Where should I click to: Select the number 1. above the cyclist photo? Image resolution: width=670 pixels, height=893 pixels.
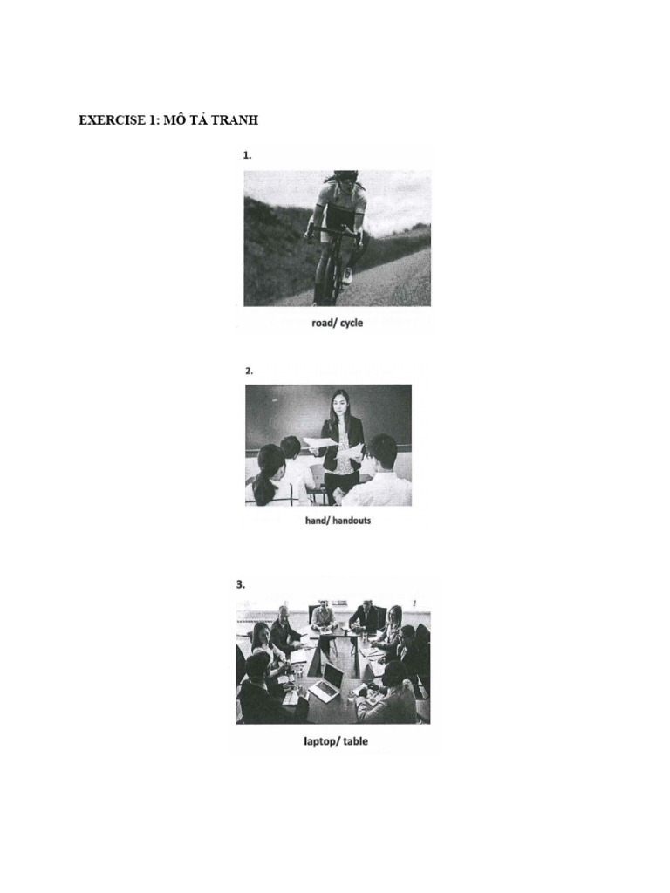pyautogui.click(x=247, y=155)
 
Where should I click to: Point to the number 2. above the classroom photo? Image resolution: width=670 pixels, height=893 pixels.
pyautogui.click(x=249, y=371)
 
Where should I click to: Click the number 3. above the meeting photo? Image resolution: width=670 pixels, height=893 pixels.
pyautogui.click(x=242, y=585)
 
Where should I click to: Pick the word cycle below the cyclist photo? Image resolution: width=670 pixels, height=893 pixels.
pyautogui.click(x=351, y=323)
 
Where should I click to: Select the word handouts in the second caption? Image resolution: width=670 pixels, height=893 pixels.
pyautogui.click(x=348, y=521)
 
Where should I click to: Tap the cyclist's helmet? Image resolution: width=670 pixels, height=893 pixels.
pyautogui.click(x=345, y=176)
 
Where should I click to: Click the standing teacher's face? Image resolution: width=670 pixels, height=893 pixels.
pyautogui.click(x=338, y=405)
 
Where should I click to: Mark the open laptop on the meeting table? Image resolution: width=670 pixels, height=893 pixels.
pyautogui.click(x=326, y=683)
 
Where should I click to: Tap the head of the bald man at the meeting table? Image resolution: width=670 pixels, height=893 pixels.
pyautogui.click(x=284, y=612)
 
